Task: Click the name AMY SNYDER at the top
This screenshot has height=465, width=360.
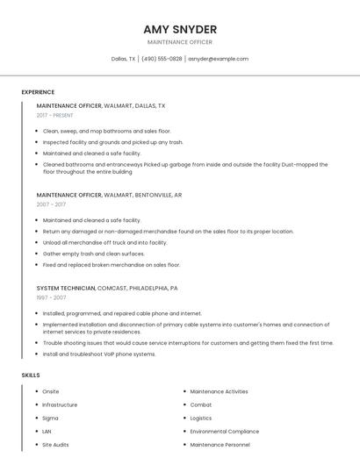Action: click(x=180, y=29)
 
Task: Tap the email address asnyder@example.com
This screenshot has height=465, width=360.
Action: click(x=218, y=59)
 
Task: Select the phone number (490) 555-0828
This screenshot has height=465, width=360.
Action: click(x=162, y=59)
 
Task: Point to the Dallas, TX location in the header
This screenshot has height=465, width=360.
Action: click(x=123, y=59)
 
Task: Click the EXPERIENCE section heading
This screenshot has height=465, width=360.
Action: click(x=38, y=92)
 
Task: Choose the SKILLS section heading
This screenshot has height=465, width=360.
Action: click(x=31, y=376)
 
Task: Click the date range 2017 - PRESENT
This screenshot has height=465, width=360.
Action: click(x=55, y=115)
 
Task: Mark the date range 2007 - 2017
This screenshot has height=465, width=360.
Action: click(x=51, y=204)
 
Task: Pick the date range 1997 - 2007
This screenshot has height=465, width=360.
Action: click(x=51, y=297)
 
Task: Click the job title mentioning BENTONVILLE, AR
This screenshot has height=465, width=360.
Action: click(x=110, y=195)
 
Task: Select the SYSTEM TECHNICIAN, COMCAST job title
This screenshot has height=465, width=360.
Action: click(x=107, y=288)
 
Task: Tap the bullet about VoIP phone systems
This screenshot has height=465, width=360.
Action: click(x=99, y=354)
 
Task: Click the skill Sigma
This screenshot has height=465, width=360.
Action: click(x=51, y=418)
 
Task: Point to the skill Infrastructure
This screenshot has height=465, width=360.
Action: click(x=60, y=405)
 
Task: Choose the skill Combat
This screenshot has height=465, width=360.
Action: click(x=201, y=405)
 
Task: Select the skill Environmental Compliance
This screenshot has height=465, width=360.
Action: click(x=225, y=432)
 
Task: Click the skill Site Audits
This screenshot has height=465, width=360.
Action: click(x=55, y=445)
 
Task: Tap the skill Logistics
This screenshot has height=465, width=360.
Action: click(x=203, y=418)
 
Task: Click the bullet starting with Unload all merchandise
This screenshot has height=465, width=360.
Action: click(x=104, y=242)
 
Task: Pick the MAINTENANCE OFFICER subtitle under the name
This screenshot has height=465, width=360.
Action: click(x=180, y=42)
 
